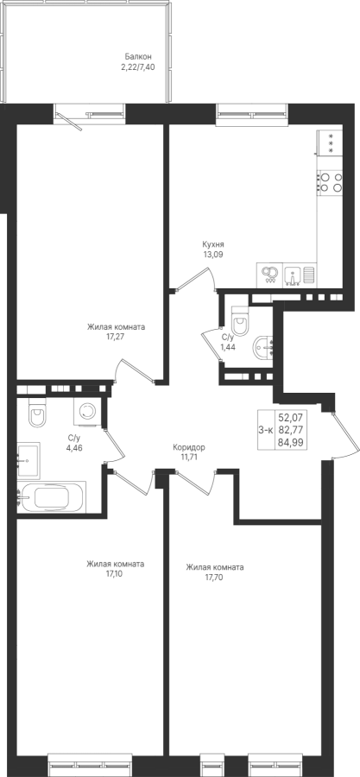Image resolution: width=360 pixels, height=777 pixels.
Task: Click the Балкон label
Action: (x=137, y=57)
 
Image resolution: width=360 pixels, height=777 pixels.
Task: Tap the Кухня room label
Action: (x=213, y=244)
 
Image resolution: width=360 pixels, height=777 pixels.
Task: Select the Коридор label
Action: (x=189, y=447)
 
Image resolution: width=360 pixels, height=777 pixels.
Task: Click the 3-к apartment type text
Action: (x=266, y=430)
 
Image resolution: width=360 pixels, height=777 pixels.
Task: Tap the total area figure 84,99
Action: (x=290, y=443)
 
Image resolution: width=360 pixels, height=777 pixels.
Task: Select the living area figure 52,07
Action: (x=290, y=418)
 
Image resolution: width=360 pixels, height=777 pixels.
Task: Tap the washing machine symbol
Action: (x=88, y=411)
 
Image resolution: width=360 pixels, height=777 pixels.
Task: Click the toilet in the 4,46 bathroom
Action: (x=36, y=413)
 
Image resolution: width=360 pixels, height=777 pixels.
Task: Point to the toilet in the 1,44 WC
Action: (x=242, y=322)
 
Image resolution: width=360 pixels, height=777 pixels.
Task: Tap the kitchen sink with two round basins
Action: (x=270, y=274)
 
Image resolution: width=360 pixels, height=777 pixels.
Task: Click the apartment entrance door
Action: (x=344, y=436)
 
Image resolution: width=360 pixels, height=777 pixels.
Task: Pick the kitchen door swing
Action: (x=196, y=280)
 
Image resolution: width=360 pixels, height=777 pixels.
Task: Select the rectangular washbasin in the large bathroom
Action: (x=28, y=460)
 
